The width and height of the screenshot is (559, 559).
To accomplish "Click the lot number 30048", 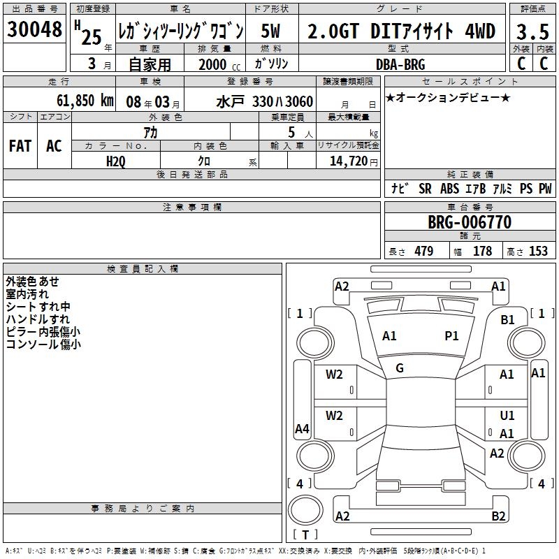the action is coord(34,29).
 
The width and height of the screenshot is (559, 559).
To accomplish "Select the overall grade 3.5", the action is coord(532,31).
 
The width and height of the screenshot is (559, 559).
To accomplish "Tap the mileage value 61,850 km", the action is coord(85,101).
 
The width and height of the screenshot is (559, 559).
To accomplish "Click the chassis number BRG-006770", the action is coord(470,222).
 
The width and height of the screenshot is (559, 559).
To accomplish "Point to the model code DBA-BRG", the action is coord(400,64).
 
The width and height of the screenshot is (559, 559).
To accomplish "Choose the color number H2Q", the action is coord(116,161).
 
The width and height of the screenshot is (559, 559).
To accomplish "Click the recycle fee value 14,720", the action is coord(349,161).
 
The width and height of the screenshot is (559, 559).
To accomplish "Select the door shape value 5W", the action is coord(270,31).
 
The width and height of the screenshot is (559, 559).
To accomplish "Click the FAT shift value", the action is coord(20,146).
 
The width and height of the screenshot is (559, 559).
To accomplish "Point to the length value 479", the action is coord(424,252).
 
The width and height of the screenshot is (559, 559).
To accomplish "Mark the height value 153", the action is coord(538,252).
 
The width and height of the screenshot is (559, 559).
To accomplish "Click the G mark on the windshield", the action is coord(400,368).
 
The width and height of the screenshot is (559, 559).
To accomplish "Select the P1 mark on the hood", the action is coord(451,336).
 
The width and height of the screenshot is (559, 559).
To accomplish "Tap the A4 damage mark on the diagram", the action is coord(302,429).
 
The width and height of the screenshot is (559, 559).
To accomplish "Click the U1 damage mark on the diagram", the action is coord(507,416).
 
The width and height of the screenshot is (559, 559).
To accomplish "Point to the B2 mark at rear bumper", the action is coord(498,516).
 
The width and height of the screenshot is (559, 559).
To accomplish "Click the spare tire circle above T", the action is coord(305,510).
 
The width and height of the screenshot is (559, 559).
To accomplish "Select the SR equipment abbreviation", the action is coord(425,189).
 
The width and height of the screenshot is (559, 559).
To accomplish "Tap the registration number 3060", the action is coord(300,102).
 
